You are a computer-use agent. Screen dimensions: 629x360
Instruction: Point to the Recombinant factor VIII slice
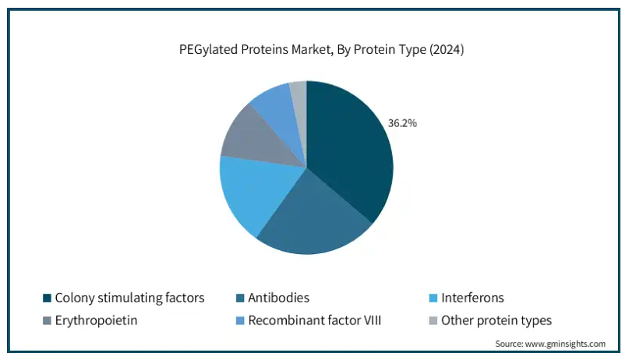(281, 112)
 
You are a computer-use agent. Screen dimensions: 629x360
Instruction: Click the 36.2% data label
(402, 123)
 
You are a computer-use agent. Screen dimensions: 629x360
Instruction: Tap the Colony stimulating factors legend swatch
(47, 298)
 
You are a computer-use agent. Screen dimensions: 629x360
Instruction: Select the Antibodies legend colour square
(240, 298)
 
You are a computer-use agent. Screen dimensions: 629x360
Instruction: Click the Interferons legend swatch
(433, 298)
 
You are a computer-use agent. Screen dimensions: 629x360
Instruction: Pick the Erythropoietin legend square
(47, 321)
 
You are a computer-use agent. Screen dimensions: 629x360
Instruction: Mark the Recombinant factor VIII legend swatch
(240, 321)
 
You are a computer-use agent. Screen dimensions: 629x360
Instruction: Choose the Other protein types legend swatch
(433, 321)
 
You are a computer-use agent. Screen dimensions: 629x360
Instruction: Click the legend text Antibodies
(279, 298)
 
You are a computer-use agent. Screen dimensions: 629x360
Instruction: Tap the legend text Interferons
(472, 298)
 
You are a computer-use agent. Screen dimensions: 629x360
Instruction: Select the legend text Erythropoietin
(97, 321)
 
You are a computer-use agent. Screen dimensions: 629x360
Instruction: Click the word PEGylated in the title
(209, 50)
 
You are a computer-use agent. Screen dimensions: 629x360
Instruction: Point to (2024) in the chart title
(447, 50)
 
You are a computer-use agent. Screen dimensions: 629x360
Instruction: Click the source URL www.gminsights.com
(565, 344)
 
